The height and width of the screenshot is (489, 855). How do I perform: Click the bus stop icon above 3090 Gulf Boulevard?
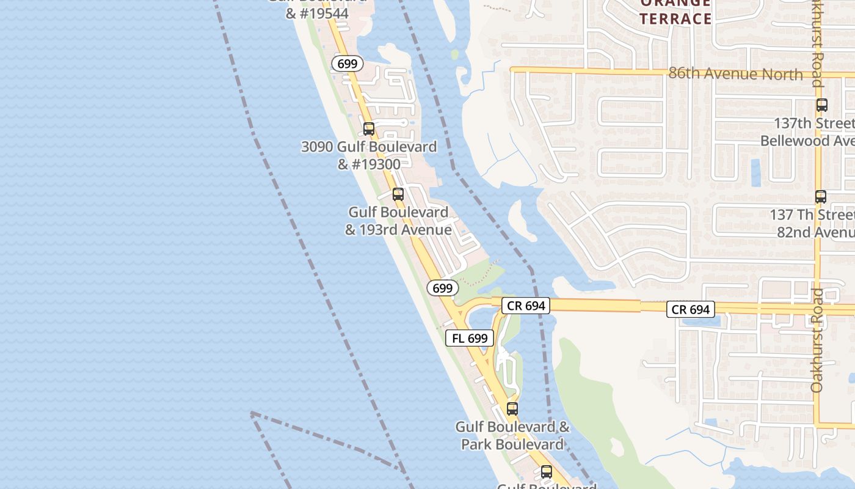(x=369, y=129)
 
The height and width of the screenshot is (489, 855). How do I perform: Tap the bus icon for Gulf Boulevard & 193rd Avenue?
(x=398, y=194)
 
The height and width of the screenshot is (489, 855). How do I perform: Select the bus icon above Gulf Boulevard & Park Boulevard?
(x=512, y=409)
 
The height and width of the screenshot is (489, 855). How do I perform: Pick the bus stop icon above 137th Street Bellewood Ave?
(x=822, y=105)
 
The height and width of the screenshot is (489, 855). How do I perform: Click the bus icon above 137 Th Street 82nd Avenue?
(x=821, y=197)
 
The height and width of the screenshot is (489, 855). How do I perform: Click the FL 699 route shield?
(x=469, y=338)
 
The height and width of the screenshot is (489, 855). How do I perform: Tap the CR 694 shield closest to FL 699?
(x=526, y=306)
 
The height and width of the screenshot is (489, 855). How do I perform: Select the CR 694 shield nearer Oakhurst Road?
(x=691, y=309)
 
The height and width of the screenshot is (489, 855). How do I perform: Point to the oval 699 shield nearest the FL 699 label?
(x=442, y=288)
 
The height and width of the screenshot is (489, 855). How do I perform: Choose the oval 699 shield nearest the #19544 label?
(x=348, y=63)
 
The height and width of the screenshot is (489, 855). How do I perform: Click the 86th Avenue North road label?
(x=735, y=74)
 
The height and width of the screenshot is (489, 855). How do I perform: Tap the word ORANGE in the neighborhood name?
(x=675, y=4)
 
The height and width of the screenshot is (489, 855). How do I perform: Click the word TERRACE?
(x=675, y=18)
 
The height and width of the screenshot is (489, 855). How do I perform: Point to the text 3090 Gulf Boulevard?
(x=369, y=147)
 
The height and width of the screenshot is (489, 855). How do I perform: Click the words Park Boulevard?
(x=512, y=444)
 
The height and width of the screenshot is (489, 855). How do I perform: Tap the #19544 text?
(x=317, y=13)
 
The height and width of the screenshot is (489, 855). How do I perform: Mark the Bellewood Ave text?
(x=806, y=141)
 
